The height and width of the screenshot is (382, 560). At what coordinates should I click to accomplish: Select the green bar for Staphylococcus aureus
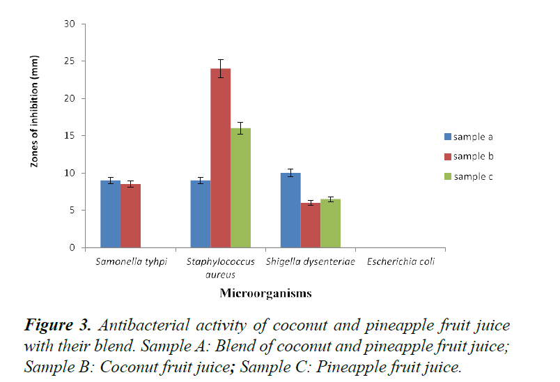241,188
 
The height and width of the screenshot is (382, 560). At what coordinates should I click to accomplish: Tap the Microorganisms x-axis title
265,293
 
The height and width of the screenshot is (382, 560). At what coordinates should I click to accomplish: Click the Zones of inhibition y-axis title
34,112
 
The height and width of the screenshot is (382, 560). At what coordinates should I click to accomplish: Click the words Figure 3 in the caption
58,325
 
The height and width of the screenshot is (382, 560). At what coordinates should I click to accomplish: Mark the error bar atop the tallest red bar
221,68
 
